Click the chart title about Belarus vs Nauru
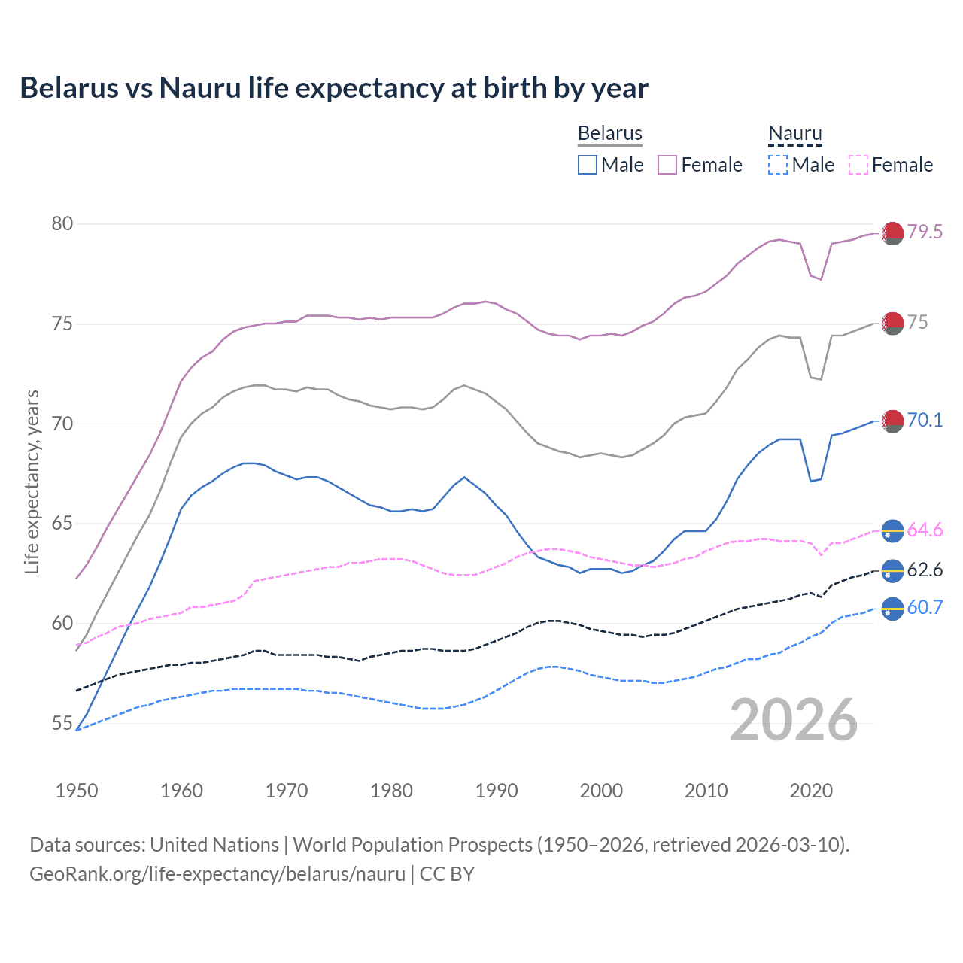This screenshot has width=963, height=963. coord(334,88)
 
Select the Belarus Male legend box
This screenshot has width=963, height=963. coord(588,165)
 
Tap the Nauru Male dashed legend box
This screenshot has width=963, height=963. coord(778,165)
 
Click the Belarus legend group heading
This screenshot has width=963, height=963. coord(609,133)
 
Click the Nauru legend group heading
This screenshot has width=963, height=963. coord(794,133)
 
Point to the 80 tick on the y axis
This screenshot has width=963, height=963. coord(62,223)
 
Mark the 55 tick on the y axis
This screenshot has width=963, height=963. coord(62,724)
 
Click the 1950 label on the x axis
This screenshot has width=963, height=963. coord(77,791)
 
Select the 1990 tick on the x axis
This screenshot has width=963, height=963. coord(497,791)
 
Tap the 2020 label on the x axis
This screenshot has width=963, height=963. coord(811,791)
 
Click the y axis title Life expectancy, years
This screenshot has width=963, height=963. coord(32,481)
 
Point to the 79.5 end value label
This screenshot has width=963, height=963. coord(925,232)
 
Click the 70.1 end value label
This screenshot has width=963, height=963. coord(925,420)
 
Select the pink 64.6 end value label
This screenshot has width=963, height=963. coord(925,530)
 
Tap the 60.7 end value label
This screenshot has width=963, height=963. coord(925,607)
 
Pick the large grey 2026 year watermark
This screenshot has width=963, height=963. coord(794,720)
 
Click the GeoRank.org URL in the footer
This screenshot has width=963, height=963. coord(217,874)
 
